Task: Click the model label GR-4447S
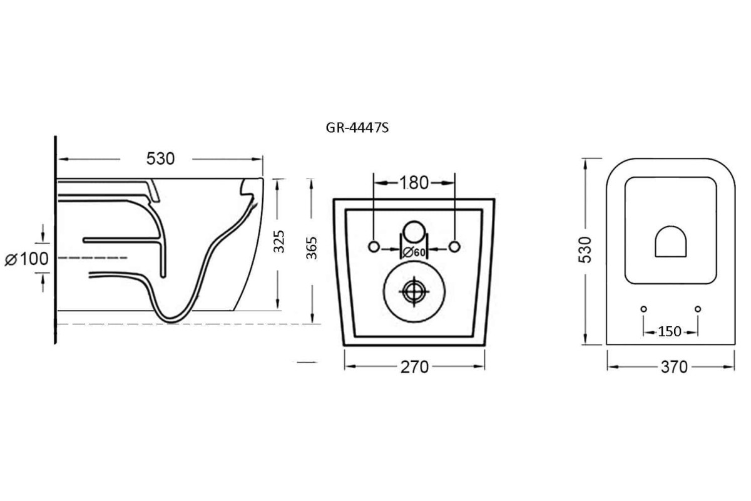coord(355,128)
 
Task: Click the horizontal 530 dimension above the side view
coord(161,159)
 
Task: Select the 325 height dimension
coord(279,242)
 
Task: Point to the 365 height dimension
coord(312,248)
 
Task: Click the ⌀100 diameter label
coord(26,258)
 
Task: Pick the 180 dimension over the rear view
coord(414,183)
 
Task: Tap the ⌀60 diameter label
coord(414,252)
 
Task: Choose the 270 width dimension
coord(414,367)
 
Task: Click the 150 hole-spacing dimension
coord(670,331)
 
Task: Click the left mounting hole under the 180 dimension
coord(374,246)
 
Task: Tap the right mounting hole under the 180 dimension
coord(455,246)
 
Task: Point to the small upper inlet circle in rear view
coord(413,232)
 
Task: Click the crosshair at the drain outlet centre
coord(414,291)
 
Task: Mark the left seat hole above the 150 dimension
coord(643,308)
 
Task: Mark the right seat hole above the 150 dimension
coord(698,308)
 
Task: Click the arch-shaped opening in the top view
coord(671,242)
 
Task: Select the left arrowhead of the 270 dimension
coord(348,367)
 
